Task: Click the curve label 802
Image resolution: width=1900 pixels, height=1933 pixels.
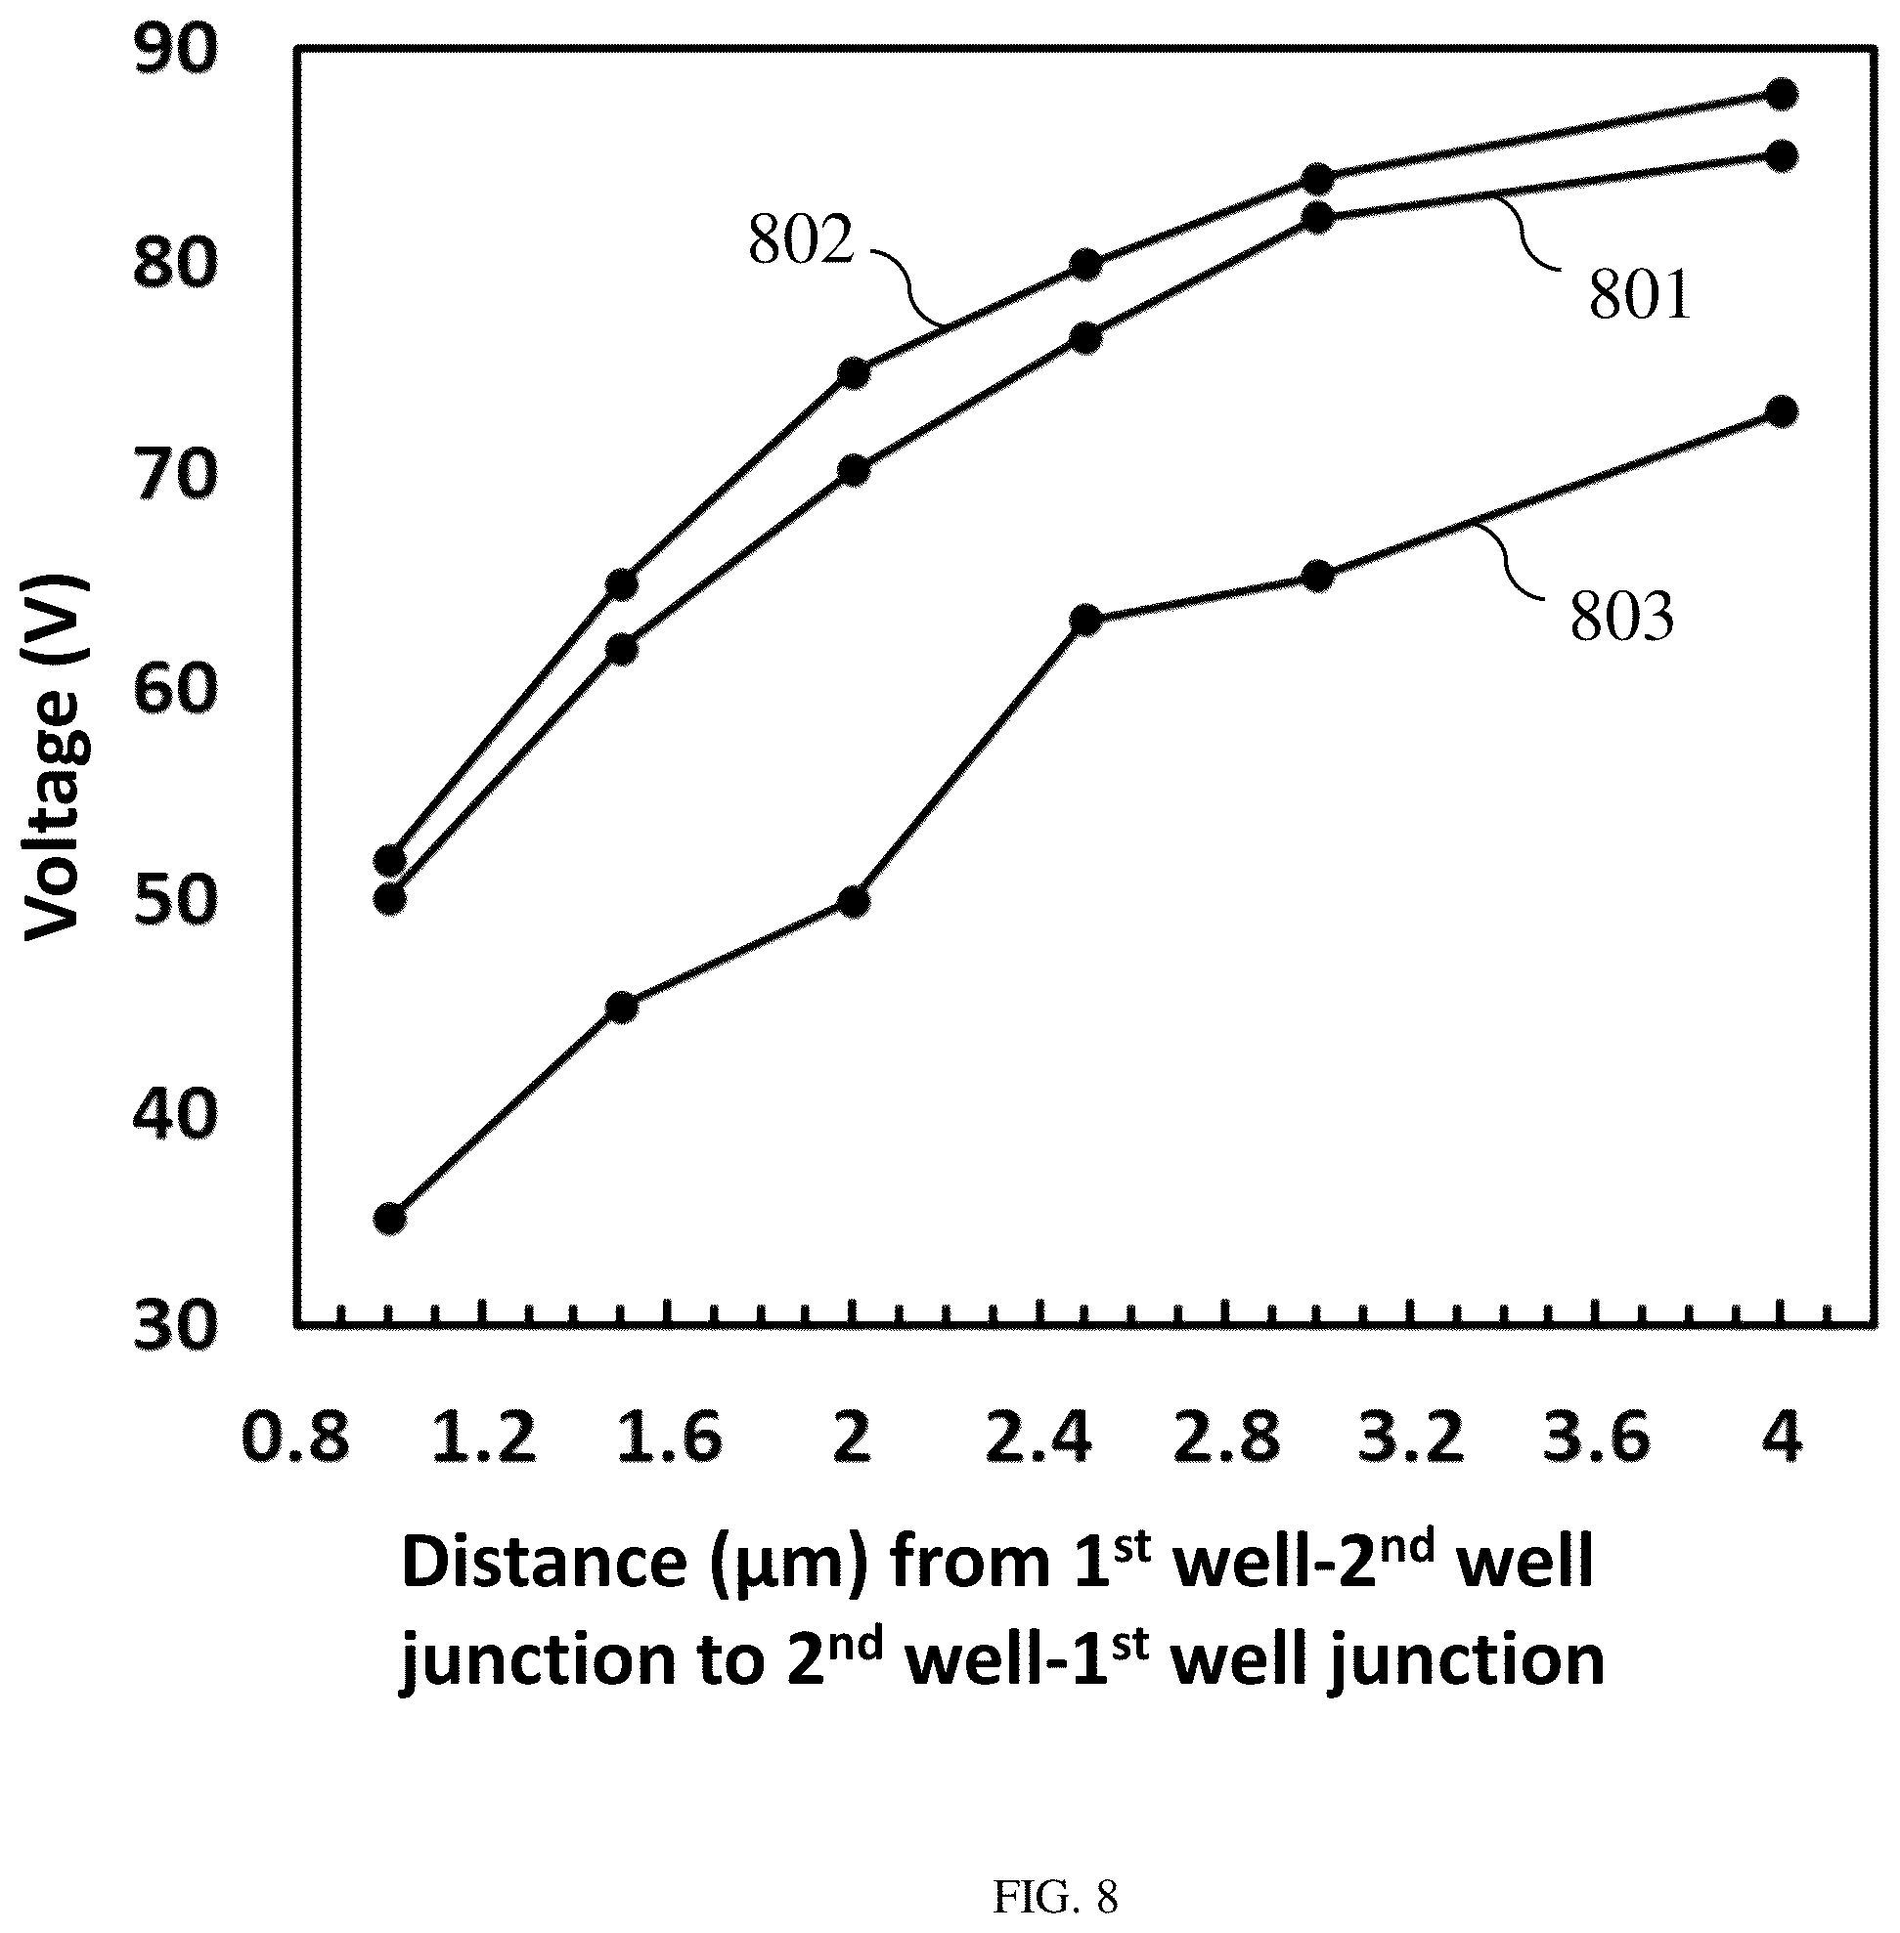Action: tap(801, 240)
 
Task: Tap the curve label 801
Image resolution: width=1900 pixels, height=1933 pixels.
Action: tap(1640, 295)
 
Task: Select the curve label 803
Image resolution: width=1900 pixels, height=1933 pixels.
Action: tap(1621, 616)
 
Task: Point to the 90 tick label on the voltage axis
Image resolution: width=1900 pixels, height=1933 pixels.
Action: tap(175, 51)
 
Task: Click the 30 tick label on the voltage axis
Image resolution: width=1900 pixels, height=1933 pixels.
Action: tap(175, 1327)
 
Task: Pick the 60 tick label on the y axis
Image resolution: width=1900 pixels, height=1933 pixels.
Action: tap(175, 689)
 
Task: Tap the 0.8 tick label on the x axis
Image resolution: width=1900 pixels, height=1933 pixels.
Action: tap(296, 1439)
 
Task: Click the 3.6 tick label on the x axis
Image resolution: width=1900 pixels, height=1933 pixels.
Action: tap(1597, 1439)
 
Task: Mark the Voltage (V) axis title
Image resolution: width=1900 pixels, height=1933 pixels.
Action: tap(55, 757)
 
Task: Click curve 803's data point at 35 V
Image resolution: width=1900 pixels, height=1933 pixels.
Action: tap(390, 1219)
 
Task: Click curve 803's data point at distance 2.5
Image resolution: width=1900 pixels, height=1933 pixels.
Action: tap(1085, 621)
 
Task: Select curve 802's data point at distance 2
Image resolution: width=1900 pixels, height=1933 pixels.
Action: tap(855, 373)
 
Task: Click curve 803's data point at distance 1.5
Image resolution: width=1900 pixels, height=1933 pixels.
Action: tap(622, 1008)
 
